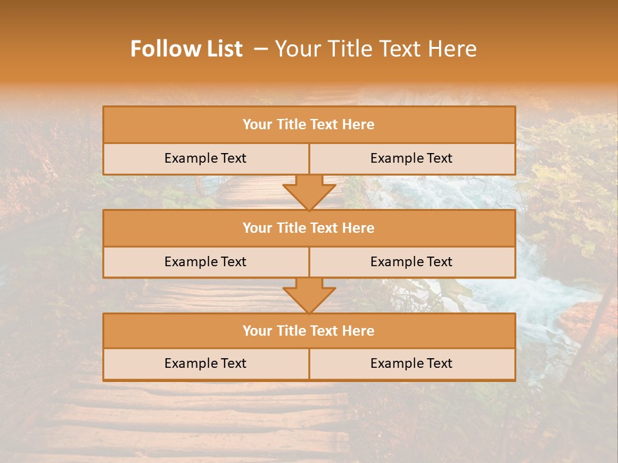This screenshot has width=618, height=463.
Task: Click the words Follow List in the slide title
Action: (186, 49)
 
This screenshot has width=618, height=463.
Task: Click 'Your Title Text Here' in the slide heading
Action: (375, 49)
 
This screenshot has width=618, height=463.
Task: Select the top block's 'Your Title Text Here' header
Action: (308, 125)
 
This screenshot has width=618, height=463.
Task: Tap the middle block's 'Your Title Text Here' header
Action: (308, 228)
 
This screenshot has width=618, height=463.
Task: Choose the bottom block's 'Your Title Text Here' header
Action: (308, 331)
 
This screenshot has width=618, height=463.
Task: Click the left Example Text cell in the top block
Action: (205, 158)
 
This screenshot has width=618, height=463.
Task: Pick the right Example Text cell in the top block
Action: (411, 158)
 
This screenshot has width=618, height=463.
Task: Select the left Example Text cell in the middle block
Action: (205, 262)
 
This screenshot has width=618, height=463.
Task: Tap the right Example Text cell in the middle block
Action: (411, 262)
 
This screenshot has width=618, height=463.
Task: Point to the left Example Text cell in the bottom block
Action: (205, 363)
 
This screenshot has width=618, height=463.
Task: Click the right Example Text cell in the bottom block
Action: (411, 363)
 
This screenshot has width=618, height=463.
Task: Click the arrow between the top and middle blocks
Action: (309, 192)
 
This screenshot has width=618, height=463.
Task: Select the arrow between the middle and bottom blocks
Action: (309, 296)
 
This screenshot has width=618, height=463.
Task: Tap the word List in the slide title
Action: (221, 49)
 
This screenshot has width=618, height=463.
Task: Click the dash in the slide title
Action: (261, 49)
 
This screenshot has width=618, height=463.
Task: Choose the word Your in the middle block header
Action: (257, 228)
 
